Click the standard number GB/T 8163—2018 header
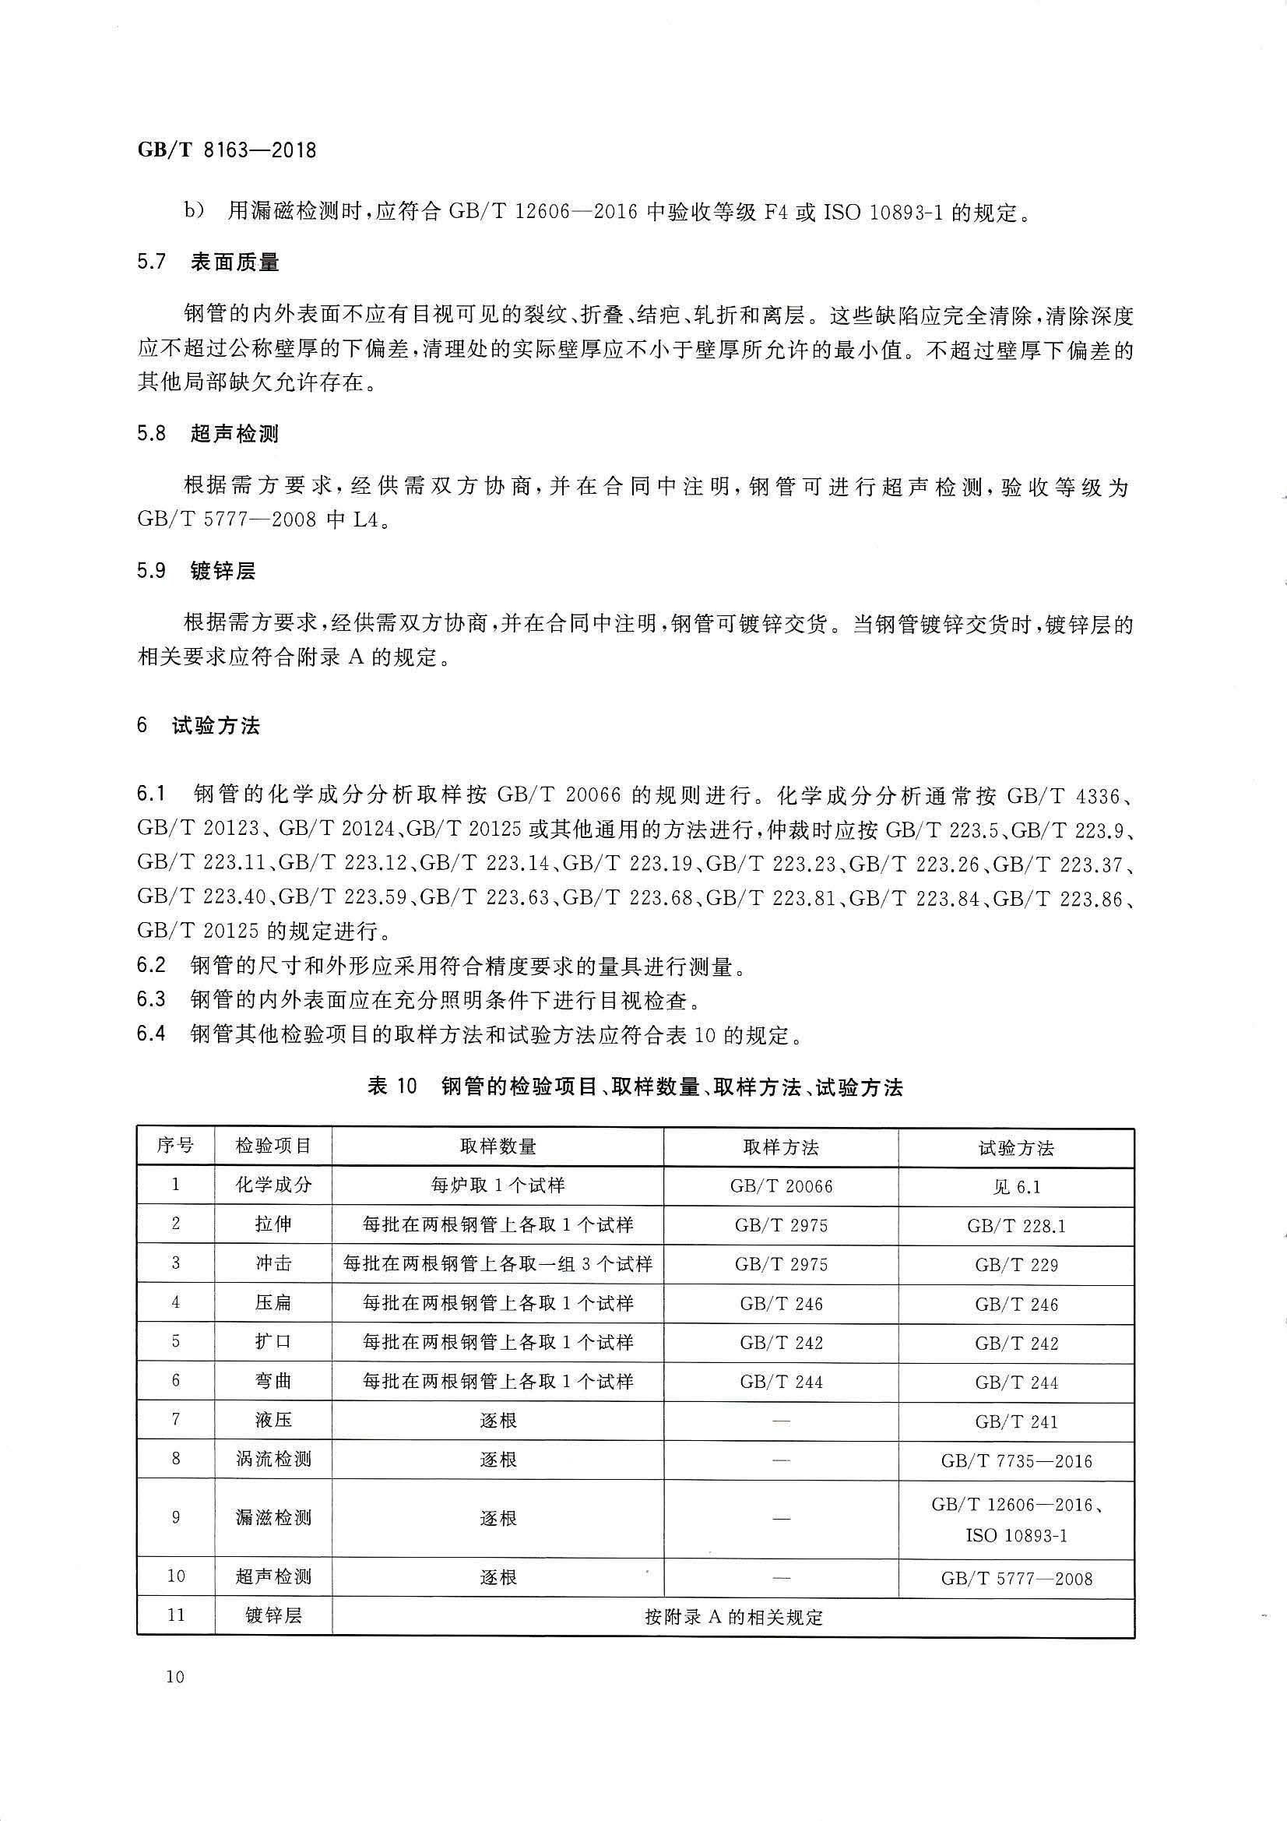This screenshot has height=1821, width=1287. pyautogui.click(x=227, y=150)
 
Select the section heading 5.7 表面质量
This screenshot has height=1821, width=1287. pyautogui.click(x=208, y=262)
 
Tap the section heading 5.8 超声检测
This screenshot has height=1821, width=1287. pyautogui.click(x=208, y=434)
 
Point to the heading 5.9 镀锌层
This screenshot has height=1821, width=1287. pyautogui.click(x=196, y=571)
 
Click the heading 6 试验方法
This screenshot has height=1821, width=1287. pyautogui.click(x=199, y=726)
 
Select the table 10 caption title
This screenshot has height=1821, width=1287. pyautogui.click(x=635, y=1087)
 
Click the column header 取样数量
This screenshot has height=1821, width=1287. pyautogui.click(x=498, y=1146)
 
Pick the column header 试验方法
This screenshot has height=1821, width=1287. pyautogui.click(x=1016, y=1147)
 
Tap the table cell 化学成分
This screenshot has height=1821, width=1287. pyautogui.click(x=273, y=1185)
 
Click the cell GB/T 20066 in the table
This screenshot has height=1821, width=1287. pyautogui.click(x=781, y=1186)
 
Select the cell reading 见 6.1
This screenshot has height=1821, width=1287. pyautogui.click(x=1016, y=1186)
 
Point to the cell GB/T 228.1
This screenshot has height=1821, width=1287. pyautogui.click(x=1016, y=1226)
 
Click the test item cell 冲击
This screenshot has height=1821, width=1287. pyautogui.click(x=273, y=1264)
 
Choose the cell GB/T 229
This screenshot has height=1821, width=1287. pyautogui.click(x=1016, y=1265)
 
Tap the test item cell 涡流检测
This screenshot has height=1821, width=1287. pyautogui.click(x=273, y=1460)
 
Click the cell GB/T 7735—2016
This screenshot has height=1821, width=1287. pyautogui.click(x=1016, y=1461)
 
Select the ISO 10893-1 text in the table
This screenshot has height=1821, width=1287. pyautogui.click(x=1016, y=1536)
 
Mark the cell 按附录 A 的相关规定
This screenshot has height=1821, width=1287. pyautogui.click(x=733, y=1617)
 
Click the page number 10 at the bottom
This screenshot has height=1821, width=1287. pyautogui.click(x=175, y=1676)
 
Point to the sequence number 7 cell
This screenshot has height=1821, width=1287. pyautogui.click(x=175, y=1421)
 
